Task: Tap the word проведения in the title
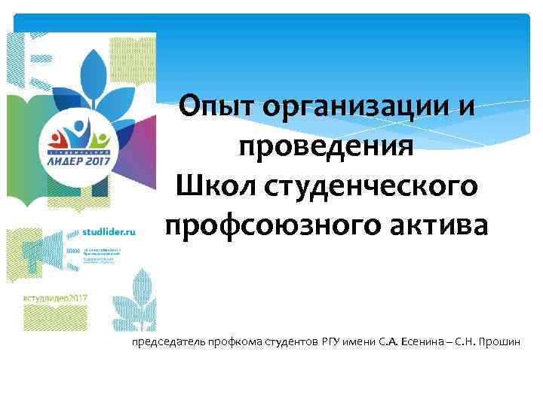pos(326,145)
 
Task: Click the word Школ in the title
pos(215,185)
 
